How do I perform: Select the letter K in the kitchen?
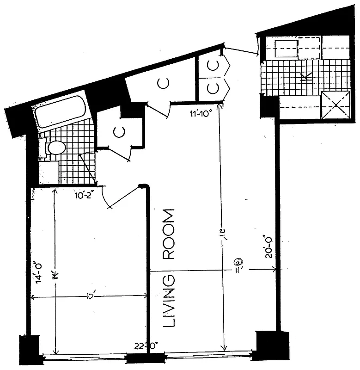pos(305,77)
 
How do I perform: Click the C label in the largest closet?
pos(164,83)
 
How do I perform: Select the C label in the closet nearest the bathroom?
pos(119,132)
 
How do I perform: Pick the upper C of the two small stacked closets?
pos(213,66)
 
